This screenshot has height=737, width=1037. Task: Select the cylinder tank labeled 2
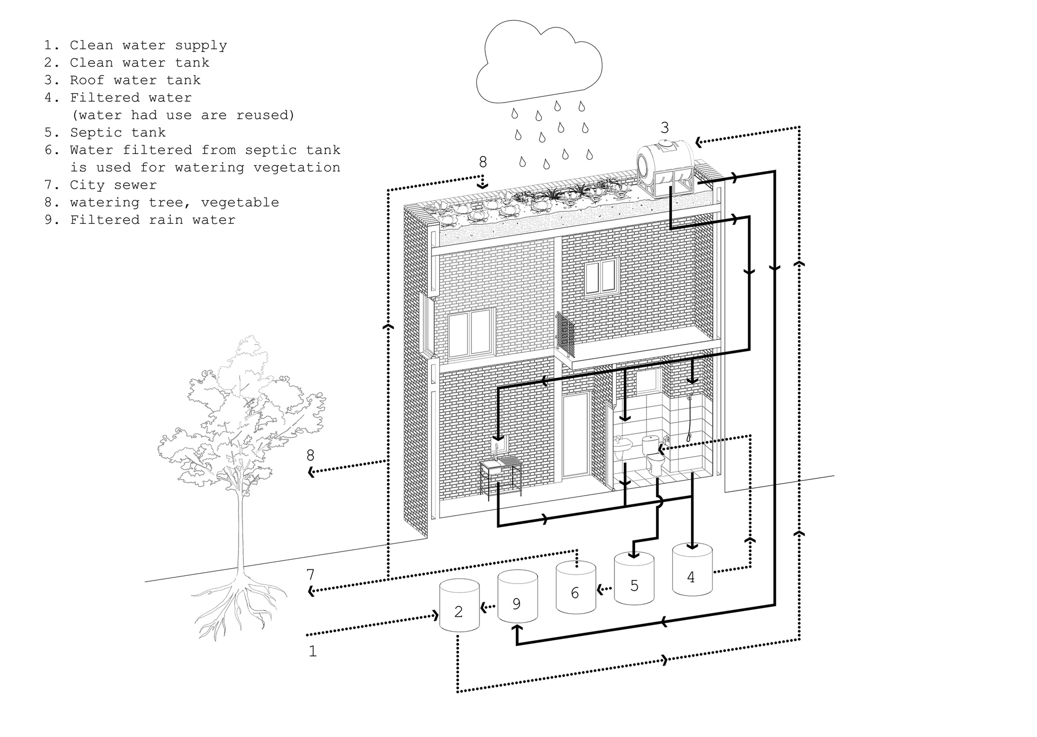459,606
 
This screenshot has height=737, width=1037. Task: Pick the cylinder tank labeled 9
517,596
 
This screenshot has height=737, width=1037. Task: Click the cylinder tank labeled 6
576,587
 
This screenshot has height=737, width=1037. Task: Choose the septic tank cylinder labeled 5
634,578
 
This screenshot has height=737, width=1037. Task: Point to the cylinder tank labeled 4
692,569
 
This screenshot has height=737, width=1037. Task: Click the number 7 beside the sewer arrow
310,575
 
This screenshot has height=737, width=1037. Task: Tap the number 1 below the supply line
312,651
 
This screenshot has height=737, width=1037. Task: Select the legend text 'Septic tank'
118,133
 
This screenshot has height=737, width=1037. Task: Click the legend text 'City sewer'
113,185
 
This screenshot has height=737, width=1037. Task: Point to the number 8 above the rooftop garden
483,162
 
